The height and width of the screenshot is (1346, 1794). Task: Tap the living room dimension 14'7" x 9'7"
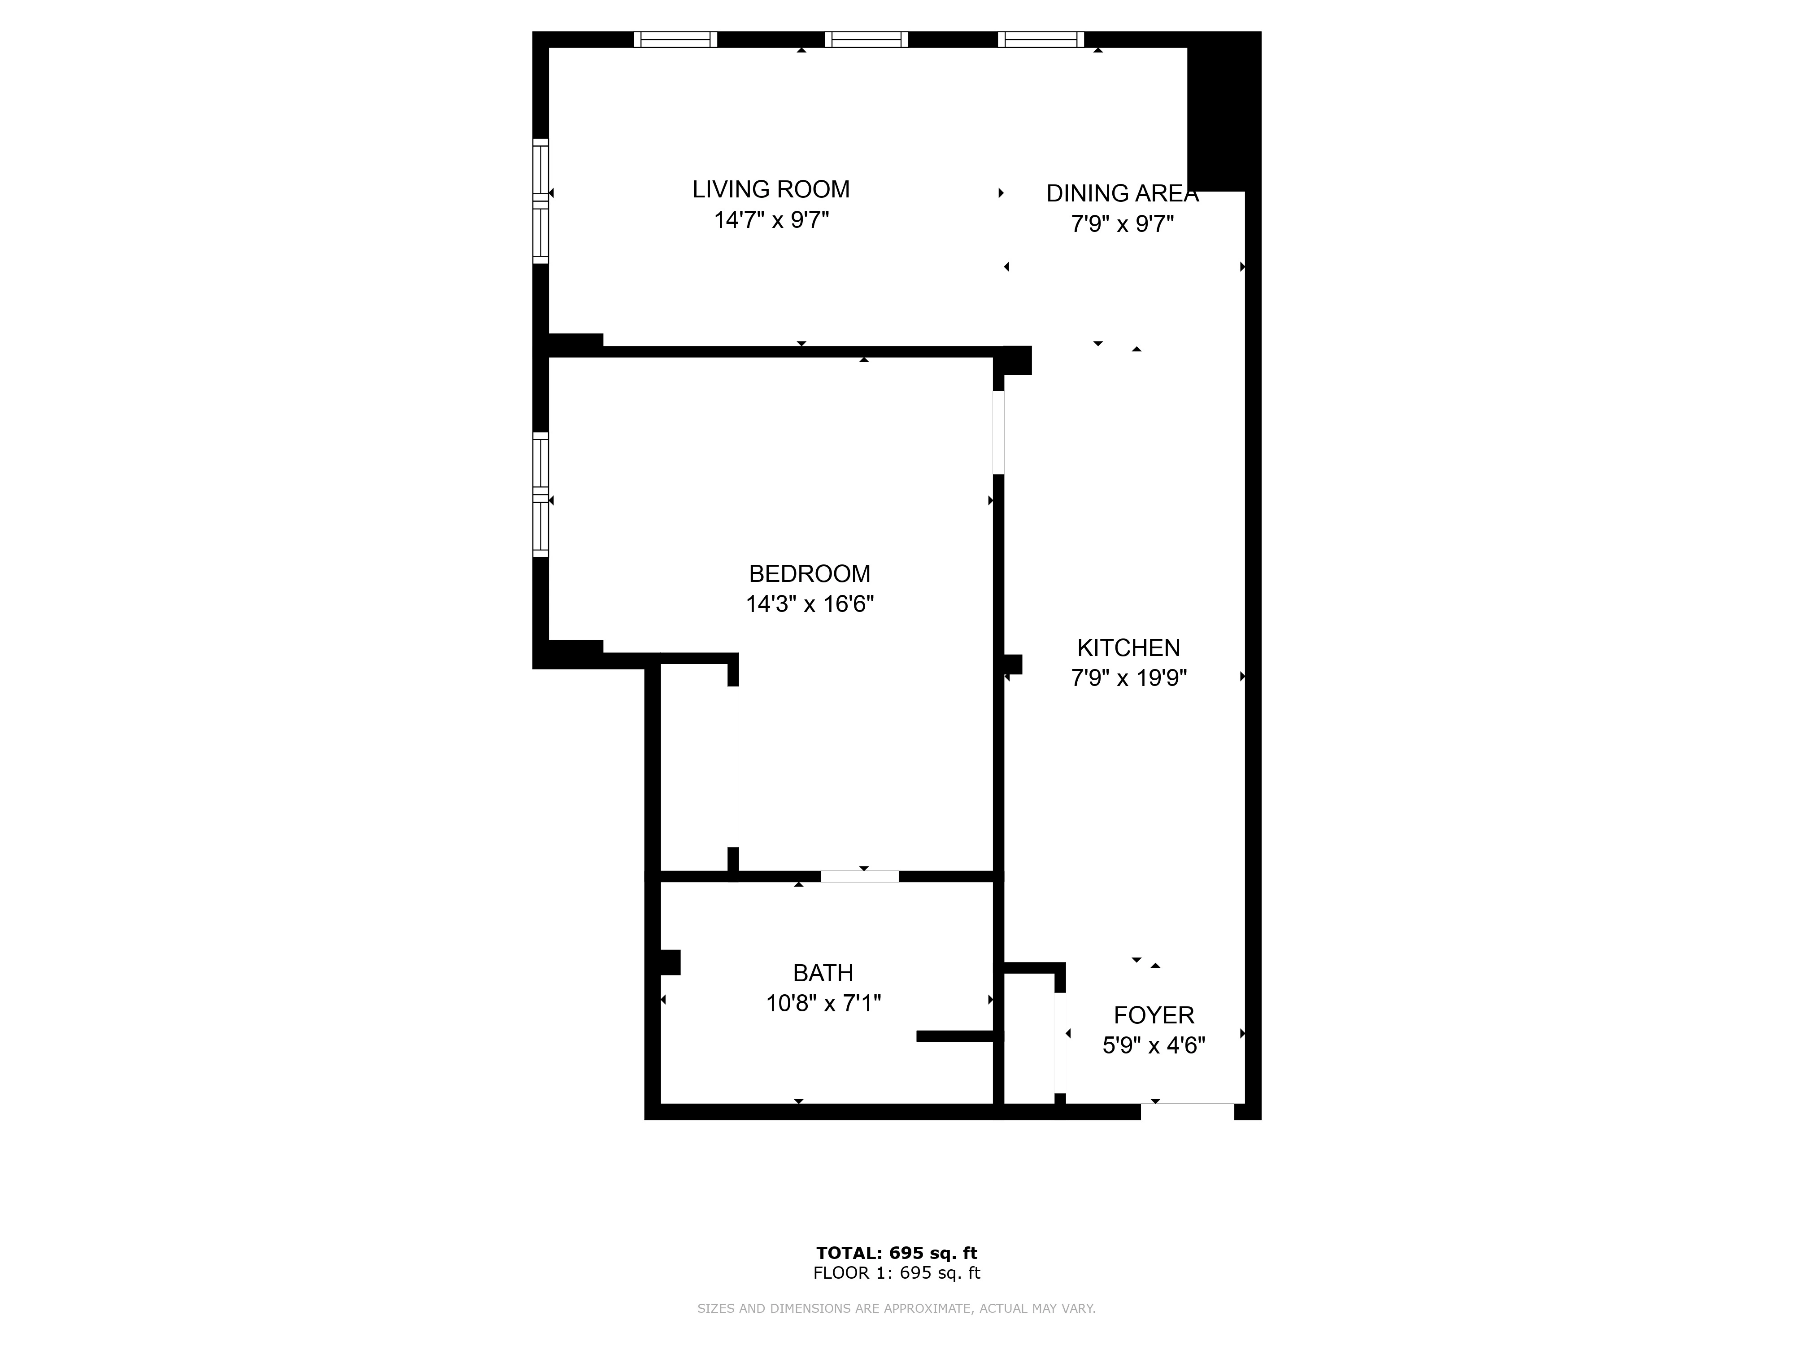(x=771, y=220)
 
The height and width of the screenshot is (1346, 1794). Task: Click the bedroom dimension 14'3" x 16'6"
(x=810, y=604)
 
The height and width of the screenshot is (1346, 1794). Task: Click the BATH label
(x=823, y=973)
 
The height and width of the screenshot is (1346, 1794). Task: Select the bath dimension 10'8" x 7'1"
(x=823, y=1004)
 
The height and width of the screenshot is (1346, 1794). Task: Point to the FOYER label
(x=1153, y=1015)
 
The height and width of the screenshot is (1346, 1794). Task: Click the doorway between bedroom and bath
(x=860, y=876)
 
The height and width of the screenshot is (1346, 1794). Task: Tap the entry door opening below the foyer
(x=1187, y=1111)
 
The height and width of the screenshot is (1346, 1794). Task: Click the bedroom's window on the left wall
(x=540, y=495)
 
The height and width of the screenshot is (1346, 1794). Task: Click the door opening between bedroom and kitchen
(x=998, y=433)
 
